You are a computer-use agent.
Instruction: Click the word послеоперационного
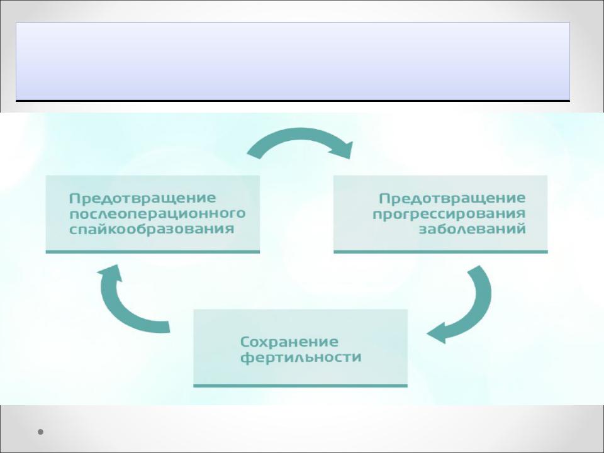click(157, 214)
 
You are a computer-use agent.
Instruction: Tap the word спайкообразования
click(152, 229)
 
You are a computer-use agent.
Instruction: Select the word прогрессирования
click(449, 214)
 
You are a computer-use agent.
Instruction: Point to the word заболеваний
click(473, 229)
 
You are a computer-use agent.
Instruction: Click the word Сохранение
click(289, 342)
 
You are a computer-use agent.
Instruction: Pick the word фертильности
click(301, 357)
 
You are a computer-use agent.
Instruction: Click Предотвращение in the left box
click(143, 198)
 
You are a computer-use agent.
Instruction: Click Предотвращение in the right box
click(452, 198)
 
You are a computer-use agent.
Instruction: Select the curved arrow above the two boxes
click(301, 135)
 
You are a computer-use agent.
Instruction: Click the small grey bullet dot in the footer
click(40, 432)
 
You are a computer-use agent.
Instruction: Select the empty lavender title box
click(293, 61)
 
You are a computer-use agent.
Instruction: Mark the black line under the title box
click(293, 101)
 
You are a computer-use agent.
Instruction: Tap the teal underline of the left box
click(152, 252)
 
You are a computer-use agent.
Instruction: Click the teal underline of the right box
click(440, 252)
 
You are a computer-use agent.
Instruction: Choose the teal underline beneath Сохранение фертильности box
click(301, 386)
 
